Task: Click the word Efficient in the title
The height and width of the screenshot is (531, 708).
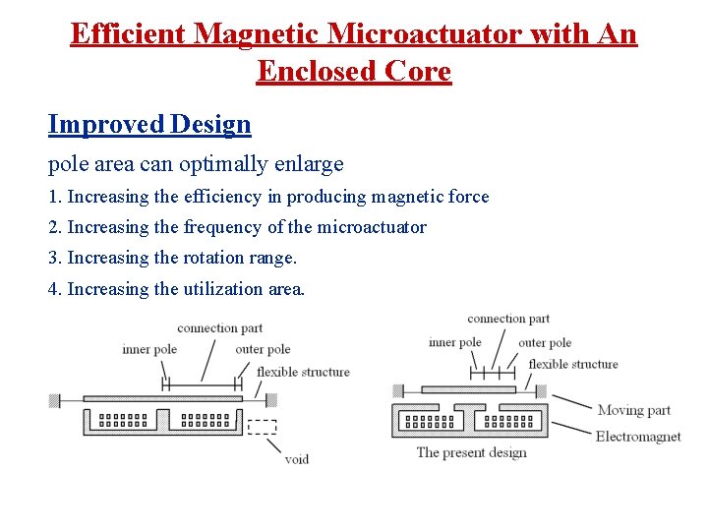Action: coord(128,34)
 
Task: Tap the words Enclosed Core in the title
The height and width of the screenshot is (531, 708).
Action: coord(354,71)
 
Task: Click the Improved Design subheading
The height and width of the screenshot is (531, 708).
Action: coord(149,125)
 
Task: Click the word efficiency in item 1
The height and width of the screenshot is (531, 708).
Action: coord(214,197)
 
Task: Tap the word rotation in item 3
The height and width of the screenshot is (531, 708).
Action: coord(215,258)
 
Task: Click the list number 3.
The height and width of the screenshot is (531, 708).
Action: coord(53,258)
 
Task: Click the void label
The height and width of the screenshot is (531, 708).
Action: coord(296,459)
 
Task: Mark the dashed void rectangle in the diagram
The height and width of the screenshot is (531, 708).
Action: coord(262,427)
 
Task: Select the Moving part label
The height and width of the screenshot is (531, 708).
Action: coord(633,410)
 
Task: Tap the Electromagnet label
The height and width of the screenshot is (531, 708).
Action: coord(638,436)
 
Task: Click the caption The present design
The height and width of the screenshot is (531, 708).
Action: coord(471,452)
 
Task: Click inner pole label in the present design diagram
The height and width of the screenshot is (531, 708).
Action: coord(454,343)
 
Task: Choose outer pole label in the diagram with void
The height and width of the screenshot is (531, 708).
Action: coord(263,349)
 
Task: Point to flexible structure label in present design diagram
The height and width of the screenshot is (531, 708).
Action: coord(573,364)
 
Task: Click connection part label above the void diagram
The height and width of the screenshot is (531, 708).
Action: coord(219,328)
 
